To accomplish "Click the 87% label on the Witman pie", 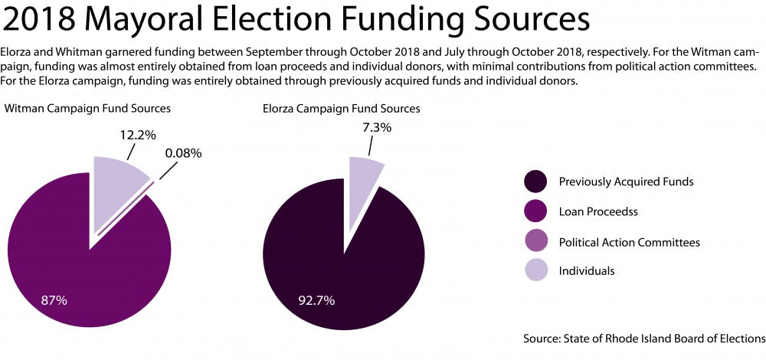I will (x=54, y=300).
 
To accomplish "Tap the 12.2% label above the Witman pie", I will (x=137, y=135).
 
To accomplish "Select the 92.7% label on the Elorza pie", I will (x=316, y=300).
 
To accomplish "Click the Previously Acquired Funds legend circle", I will (x=535, y=182).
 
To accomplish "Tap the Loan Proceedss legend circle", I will (x=535, y=212).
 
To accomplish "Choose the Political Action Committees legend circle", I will (x=535, y=242).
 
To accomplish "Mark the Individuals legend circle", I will (x=535, y=270).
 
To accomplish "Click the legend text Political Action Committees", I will (x=629, y=242).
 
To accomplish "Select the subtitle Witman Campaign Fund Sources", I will (x=87, y=109).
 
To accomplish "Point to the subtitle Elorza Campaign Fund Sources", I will (x=341, y=109).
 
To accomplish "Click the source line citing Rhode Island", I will (x=644, y=338).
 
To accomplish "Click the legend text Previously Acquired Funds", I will (x=627, y=182).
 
